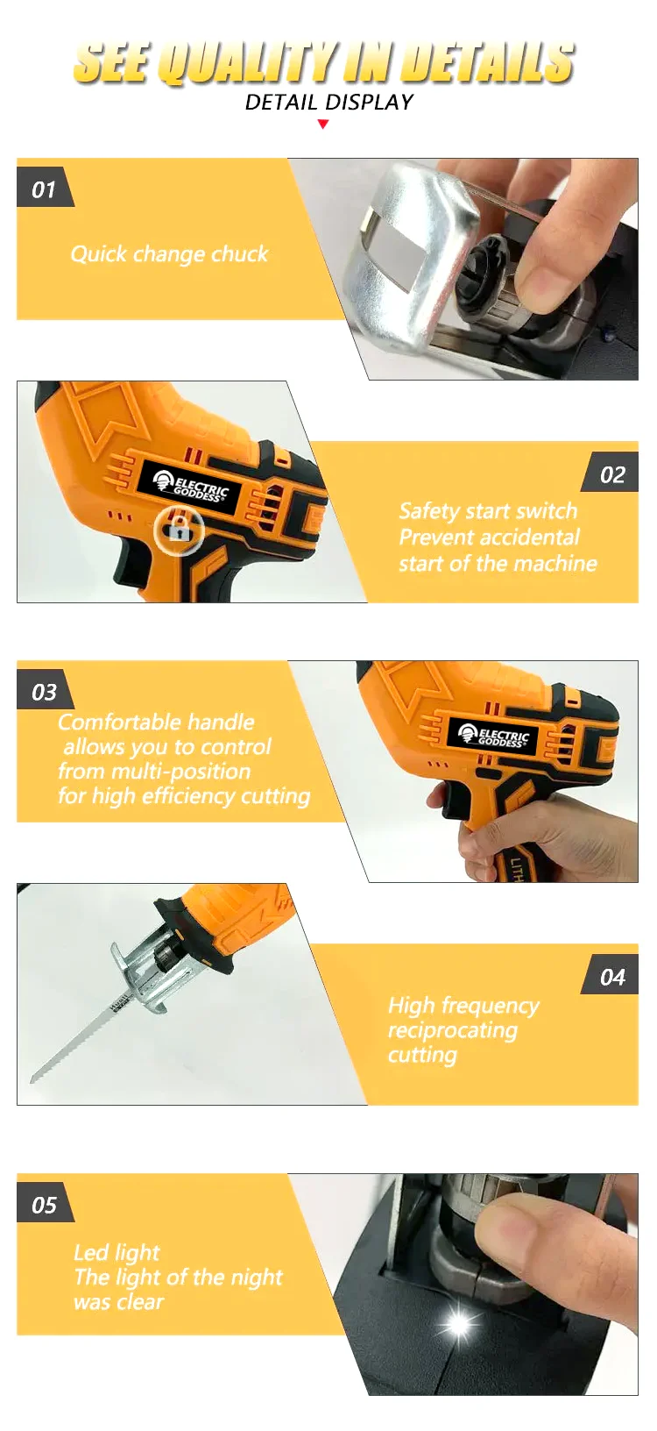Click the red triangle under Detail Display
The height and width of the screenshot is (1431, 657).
pos(323,125)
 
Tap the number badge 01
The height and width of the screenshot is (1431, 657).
pos(44,189)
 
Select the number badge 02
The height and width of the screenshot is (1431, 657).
pos(612,475)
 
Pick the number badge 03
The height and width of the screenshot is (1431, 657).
pos(44,693)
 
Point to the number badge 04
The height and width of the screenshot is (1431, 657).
pos(612,978)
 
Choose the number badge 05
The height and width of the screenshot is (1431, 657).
pos(44,1206)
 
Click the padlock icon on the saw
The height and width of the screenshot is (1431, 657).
pos(180,530)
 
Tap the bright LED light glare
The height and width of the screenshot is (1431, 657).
pos(457,1323)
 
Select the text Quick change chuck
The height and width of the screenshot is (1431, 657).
pos(169,254)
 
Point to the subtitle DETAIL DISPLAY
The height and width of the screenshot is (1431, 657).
pos(328,103)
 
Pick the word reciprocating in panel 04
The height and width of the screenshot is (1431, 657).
pos(452,1030)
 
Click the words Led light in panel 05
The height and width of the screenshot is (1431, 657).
pos(117,1253)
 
